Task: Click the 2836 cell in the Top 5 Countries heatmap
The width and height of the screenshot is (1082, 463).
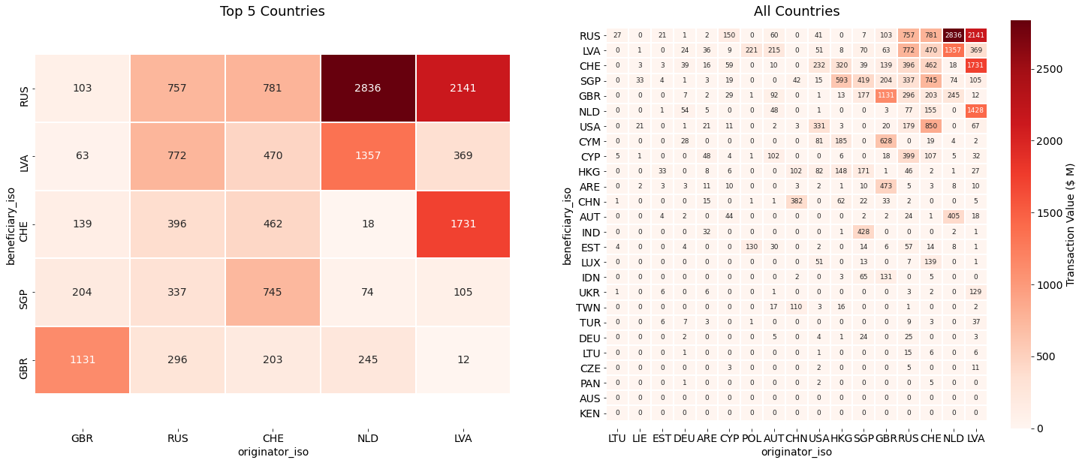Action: [x=368, y=88]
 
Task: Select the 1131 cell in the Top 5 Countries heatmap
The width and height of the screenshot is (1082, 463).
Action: [x=82, y=359]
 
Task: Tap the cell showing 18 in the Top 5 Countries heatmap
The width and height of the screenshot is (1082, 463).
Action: [x=368, y=224]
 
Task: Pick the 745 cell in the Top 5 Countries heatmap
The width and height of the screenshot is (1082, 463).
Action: [x=273, y=292]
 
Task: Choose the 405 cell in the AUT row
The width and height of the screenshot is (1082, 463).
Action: [x=954, y=217]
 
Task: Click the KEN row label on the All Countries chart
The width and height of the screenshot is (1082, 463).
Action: [x=589, y=413]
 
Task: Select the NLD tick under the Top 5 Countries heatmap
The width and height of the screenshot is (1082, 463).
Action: [x=368, y=437]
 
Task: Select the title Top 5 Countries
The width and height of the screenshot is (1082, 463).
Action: [x=273, y=11]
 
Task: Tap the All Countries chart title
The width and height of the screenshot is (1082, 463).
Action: [x=797, y=11]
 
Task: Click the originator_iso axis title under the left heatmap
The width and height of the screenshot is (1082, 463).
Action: [x=273, y=452]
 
